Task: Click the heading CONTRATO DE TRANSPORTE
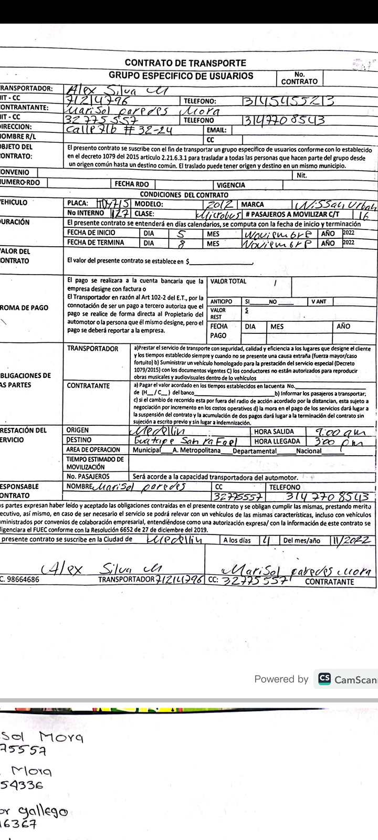coord(185,63)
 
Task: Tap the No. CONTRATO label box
coord(299,78)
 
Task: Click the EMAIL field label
coord(216,130)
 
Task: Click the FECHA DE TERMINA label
coord(96,243)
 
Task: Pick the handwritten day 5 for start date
coord(180,233)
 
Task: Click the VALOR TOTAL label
coord(228,281)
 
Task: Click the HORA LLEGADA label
coord(277,442)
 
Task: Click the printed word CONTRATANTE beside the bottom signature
coord(330,582)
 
